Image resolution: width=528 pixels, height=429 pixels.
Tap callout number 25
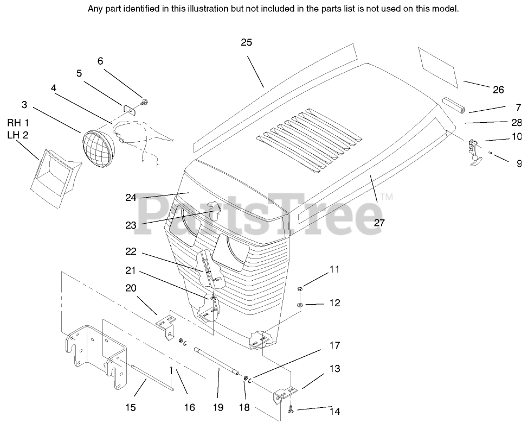[246, 43]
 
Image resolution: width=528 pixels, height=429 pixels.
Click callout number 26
[498, 90]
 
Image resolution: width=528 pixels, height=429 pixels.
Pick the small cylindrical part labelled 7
[453, 105]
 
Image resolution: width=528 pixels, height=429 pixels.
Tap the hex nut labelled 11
[300, 288]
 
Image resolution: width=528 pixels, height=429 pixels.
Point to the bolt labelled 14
[291, 408]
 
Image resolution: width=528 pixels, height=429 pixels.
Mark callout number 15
[131, 407]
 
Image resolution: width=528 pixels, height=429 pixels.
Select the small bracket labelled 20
[166, 324]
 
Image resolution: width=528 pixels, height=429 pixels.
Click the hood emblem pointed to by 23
[213, 210]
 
